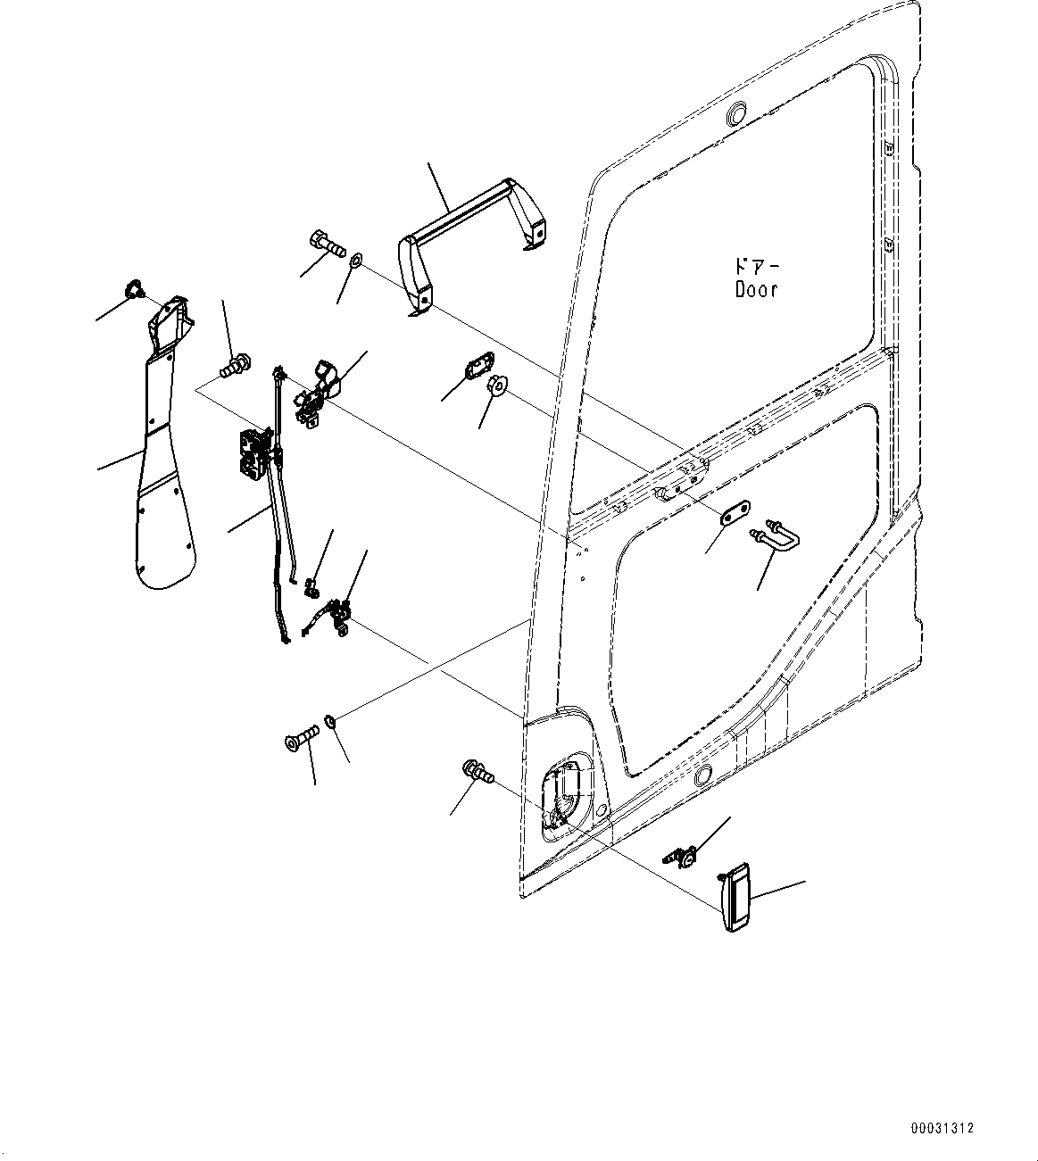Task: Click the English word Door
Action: pyautogui.click(x=756, y=289)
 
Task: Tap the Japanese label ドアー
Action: pyautogui.click(x=755, y=267)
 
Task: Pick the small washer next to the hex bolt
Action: pyautogui.click(x=354, y=261)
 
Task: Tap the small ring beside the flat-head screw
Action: pyautogui.click(x=329, y=720)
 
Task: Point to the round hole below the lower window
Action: pyautogui.click(x=702, y=774)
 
